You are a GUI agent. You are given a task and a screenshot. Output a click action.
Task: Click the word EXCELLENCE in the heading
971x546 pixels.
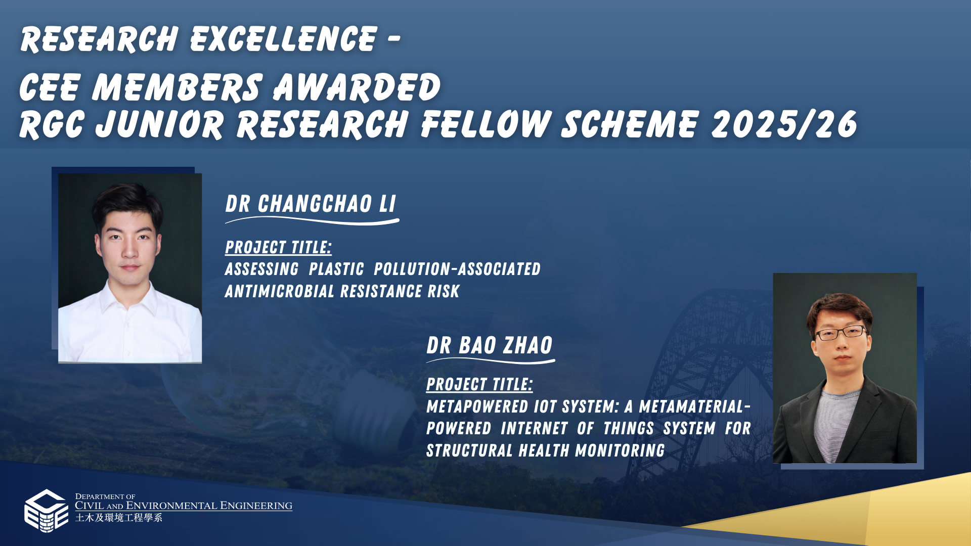coord(284,39)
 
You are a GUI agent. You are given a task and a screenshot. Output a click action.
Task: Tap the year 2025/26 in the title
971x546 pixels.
coord(784,124)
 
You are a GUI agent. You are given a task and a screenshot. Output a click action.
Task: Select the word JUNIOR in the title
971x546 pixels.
coord(159,124)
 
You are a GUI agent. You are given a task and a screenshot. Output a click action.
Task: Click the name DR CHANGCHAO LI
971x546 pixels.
coord(311,204)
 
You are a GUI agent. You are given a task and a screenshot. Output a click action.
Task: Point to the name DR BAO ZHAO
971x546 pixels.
coord(490,346)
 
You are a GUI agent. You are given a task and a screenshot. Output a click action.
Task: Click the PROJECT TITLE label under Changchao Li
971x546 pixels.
coord(278,247)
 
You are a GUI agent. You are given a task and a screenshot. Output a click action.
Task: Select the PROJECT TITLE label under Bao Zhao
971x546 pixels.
coord(479,384)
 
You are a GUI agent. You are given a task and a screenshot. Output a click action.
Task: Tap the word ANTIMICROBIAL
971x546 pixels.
coord(280,291)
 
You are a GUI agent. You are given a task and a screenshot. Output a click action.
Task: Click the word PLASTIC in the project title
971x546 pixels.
coord(336,269)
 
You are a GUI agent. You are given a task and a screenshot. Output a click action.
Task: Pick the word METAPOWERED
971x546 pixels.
coord(477,406)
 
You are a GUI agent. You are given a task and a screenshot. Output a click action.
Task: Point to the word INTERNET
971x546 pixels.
coord(534,428)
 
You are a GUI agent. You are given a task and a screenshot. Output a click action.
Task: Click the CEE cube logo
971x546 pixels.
coord(46,511)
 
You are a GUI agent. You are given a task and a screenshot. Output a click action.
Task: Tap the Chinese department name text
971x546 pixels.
coord(119,518)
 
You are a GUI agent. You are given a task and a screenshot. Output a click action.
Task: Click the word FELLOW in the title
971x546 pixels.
coord(485,124)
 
